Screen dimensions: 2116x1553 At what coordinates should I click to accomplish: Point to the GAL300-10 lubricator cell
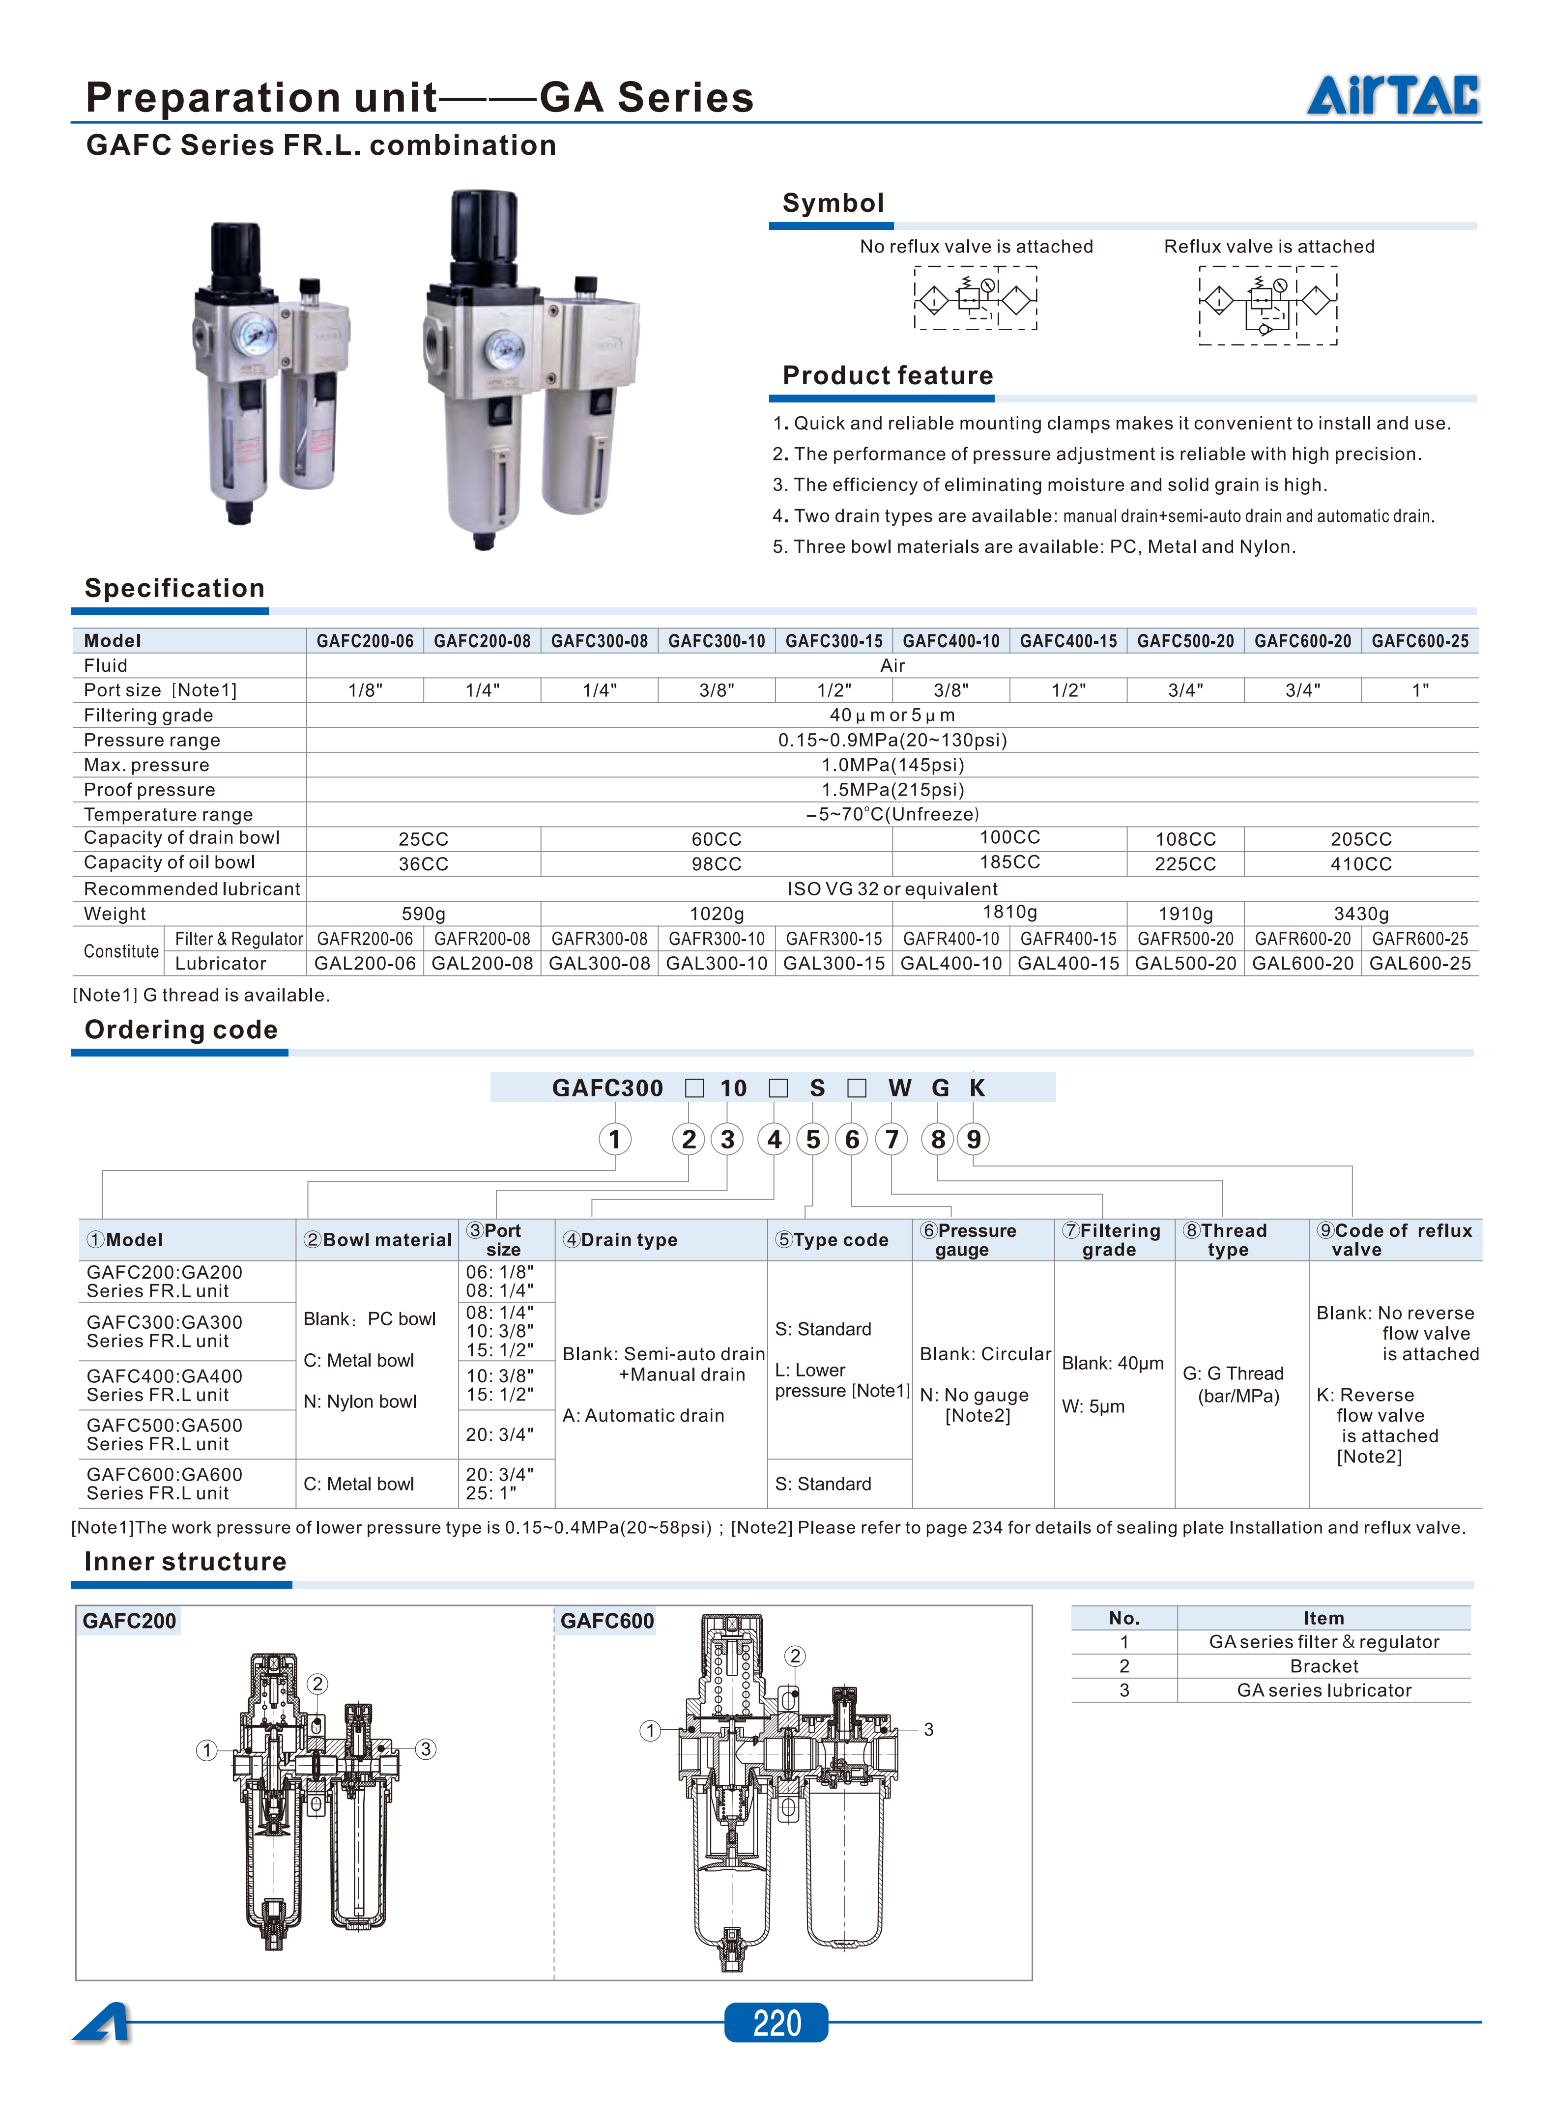717,964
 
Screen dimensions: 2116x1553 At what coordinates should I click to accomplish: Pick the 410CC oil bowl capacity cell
1360,864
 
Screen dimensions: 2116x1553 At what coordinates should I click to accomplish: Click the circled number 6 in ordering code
852,1139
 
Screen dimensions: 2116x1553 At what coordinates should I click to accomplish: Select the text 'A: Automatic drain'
643,1416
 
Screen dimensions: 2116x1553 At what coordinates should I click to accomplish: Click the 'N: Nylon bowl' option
360,1401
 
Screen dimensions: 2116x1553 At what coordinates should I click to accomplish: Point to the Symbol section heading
833,203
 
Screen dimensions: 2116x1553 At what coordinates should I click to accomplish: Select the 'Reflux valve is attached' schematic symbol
1268,305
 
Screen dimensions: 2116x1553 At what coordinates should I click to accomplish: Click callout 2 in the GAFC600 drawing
795,1657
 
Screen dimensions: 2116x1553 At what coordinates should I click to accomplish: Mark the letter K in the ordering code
977,1088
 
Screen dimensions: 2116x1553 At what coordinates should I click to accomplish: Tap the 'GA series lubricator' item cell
1323,1690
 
